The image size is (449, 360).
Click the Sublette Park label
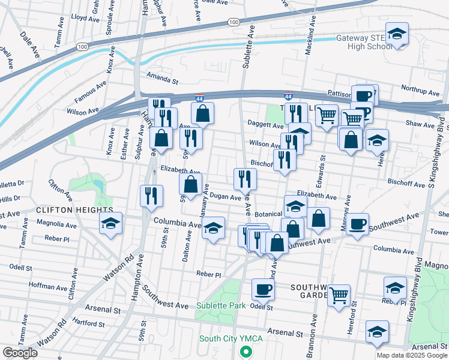(x=221, y=305)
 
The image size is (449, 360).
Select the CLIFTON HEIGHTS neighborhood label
(x=74, y=210)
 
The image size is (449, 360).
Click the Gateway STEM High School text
(x=363, y=42)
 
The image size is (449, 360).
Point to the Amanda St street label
(x=163, y=79)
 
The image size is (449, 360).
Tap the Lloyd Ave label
(x=85, y=19)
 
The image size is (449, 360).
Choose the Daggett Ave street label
(x=265, y=125)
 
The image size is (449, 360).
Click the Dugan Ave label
(x=226, y=197)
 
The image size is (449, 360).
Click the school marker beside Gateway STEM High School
(x=397, y=34)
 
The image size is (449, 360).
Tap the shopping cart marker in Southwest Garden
(x=339, y=296)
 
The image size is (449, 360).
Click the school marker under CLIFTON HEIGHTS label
(x=111, y=224)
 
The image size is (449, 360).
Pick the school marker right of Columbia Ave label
(x=213, y=229)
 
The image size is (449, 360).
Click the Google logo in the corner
(x=20, y=353)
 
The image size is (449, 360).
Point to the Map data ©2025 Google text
(x=412, y=355)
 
